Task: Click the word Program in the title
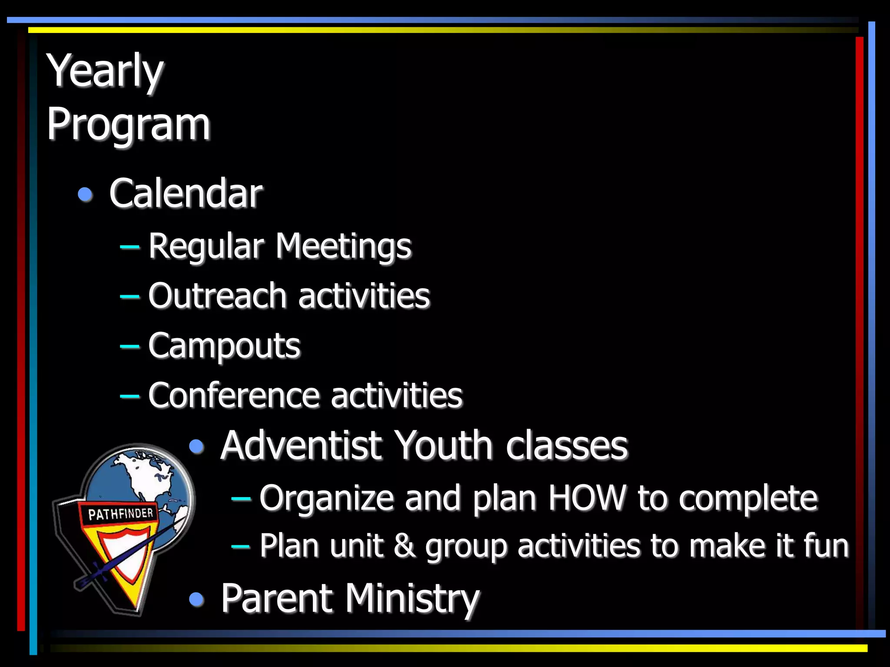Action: click(128, 125)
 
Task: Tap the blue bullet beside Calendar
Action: click(85, 194)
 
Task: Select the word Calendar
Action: click(186, 194)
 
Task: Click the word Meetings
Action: click(343, 247)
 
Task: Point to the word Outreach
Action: click(217, 296)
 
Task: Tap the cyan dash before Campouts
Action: click(130, 347)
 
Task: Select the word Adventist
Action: click(302, 446)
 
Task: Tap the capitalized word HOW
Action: click(587, 498)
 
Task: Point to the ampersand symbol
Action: click(405, 546)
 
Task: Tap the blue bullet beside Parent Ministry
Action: click(197, 600)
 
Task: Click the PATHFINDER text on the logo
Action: click(120, 514)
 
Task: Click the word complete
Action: click(748, 498)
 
